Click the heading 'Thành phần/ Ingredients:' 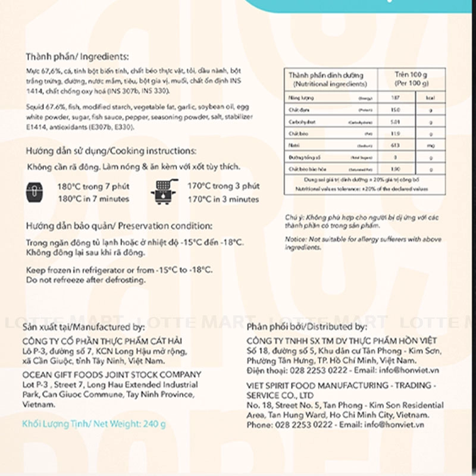(x=77, y=57)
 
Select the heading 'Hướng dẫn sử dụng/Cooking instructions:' (x=111, y=151)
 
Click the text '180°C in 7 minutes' (x=93, y=199)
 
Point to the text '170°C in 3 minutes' (x=223, y=199)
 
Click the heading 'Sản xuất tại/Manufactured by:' (x=83, y=327)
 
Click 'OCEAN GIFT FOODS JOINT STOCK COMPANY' (x=111, y=375)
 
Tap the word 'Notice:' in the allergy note (x=296, y=239)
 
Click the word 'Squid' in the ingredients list (x=35, y=107)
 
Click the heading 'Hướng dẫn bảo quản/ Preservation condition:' (x=118, y=226)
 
